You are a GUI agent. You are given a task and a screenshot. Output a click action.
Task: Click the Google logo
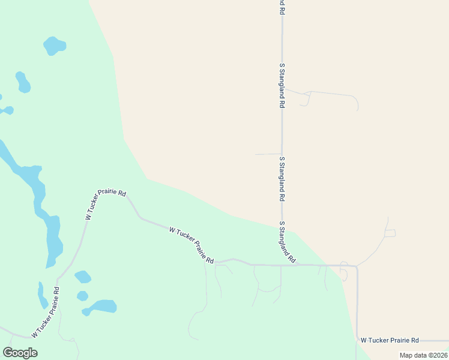[20, 353]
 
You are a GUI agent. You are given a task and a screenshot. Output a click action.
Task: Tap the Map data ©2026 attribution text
[423, 355]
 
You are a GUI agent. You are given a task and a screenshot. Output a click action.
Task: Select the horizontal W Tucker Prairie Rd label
[389, 340]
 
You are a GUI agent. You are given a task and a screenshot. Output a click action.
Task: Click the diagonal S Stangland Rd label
[287, 243]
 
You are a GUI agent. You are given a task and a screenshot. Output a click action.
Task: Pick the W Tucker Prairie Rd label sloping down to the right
[191, 245]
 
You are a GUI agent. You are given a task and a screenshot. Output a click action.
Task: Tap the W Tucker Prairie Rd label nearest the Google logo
[46, 312]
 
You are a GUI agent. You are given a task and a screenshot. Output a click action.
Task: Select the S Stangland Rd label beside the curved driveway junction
[282, 85]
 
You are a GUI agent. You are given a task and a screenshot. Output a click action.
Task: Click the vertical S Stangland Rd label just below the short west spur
[282, 179]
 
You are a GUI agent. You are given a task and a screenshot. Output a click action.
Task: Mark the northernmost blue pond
[54, 46]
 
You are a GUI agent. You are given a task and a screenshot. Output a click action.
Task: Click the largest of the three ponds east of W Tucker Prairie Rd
[100, 307]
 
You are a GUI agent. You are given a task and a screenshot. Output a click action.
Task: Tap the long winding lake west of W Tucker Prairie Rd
[36, 198]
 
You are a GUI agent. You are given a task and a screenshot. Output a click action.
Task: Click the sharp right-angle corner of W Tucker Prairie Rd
[357, 266]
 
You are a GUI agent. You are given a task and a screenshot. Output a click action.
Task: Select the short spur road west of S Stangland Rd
[268, 154]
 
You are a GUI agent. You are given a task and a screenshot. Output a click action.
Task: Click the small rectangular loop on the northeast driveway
[390, 233]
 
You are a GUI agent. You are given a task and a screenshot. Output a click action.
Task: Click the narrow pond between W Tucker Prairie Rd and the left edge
[42, 296]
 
